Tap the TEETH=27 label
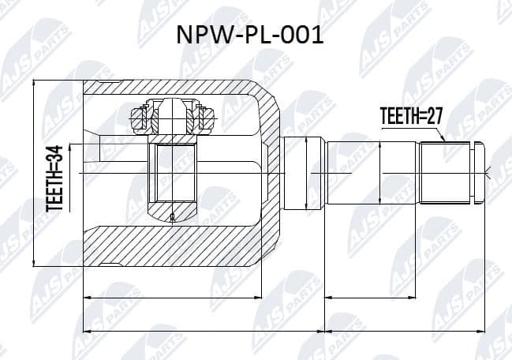pos(409,117)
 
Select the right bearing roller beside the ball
pos(207,118)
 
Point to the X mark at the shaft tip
pos(490,172)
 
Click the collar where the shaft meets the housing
pos(304,171)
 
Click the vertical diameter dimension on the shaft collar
pos(308,171)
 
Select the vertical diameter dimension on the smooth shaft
pos(380,171)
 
